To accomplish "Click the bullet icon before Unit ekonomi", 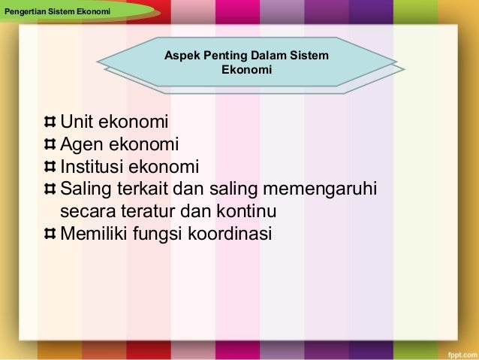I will [x=50, y=122].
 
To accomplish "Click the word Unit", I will [x=77, y=122].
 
